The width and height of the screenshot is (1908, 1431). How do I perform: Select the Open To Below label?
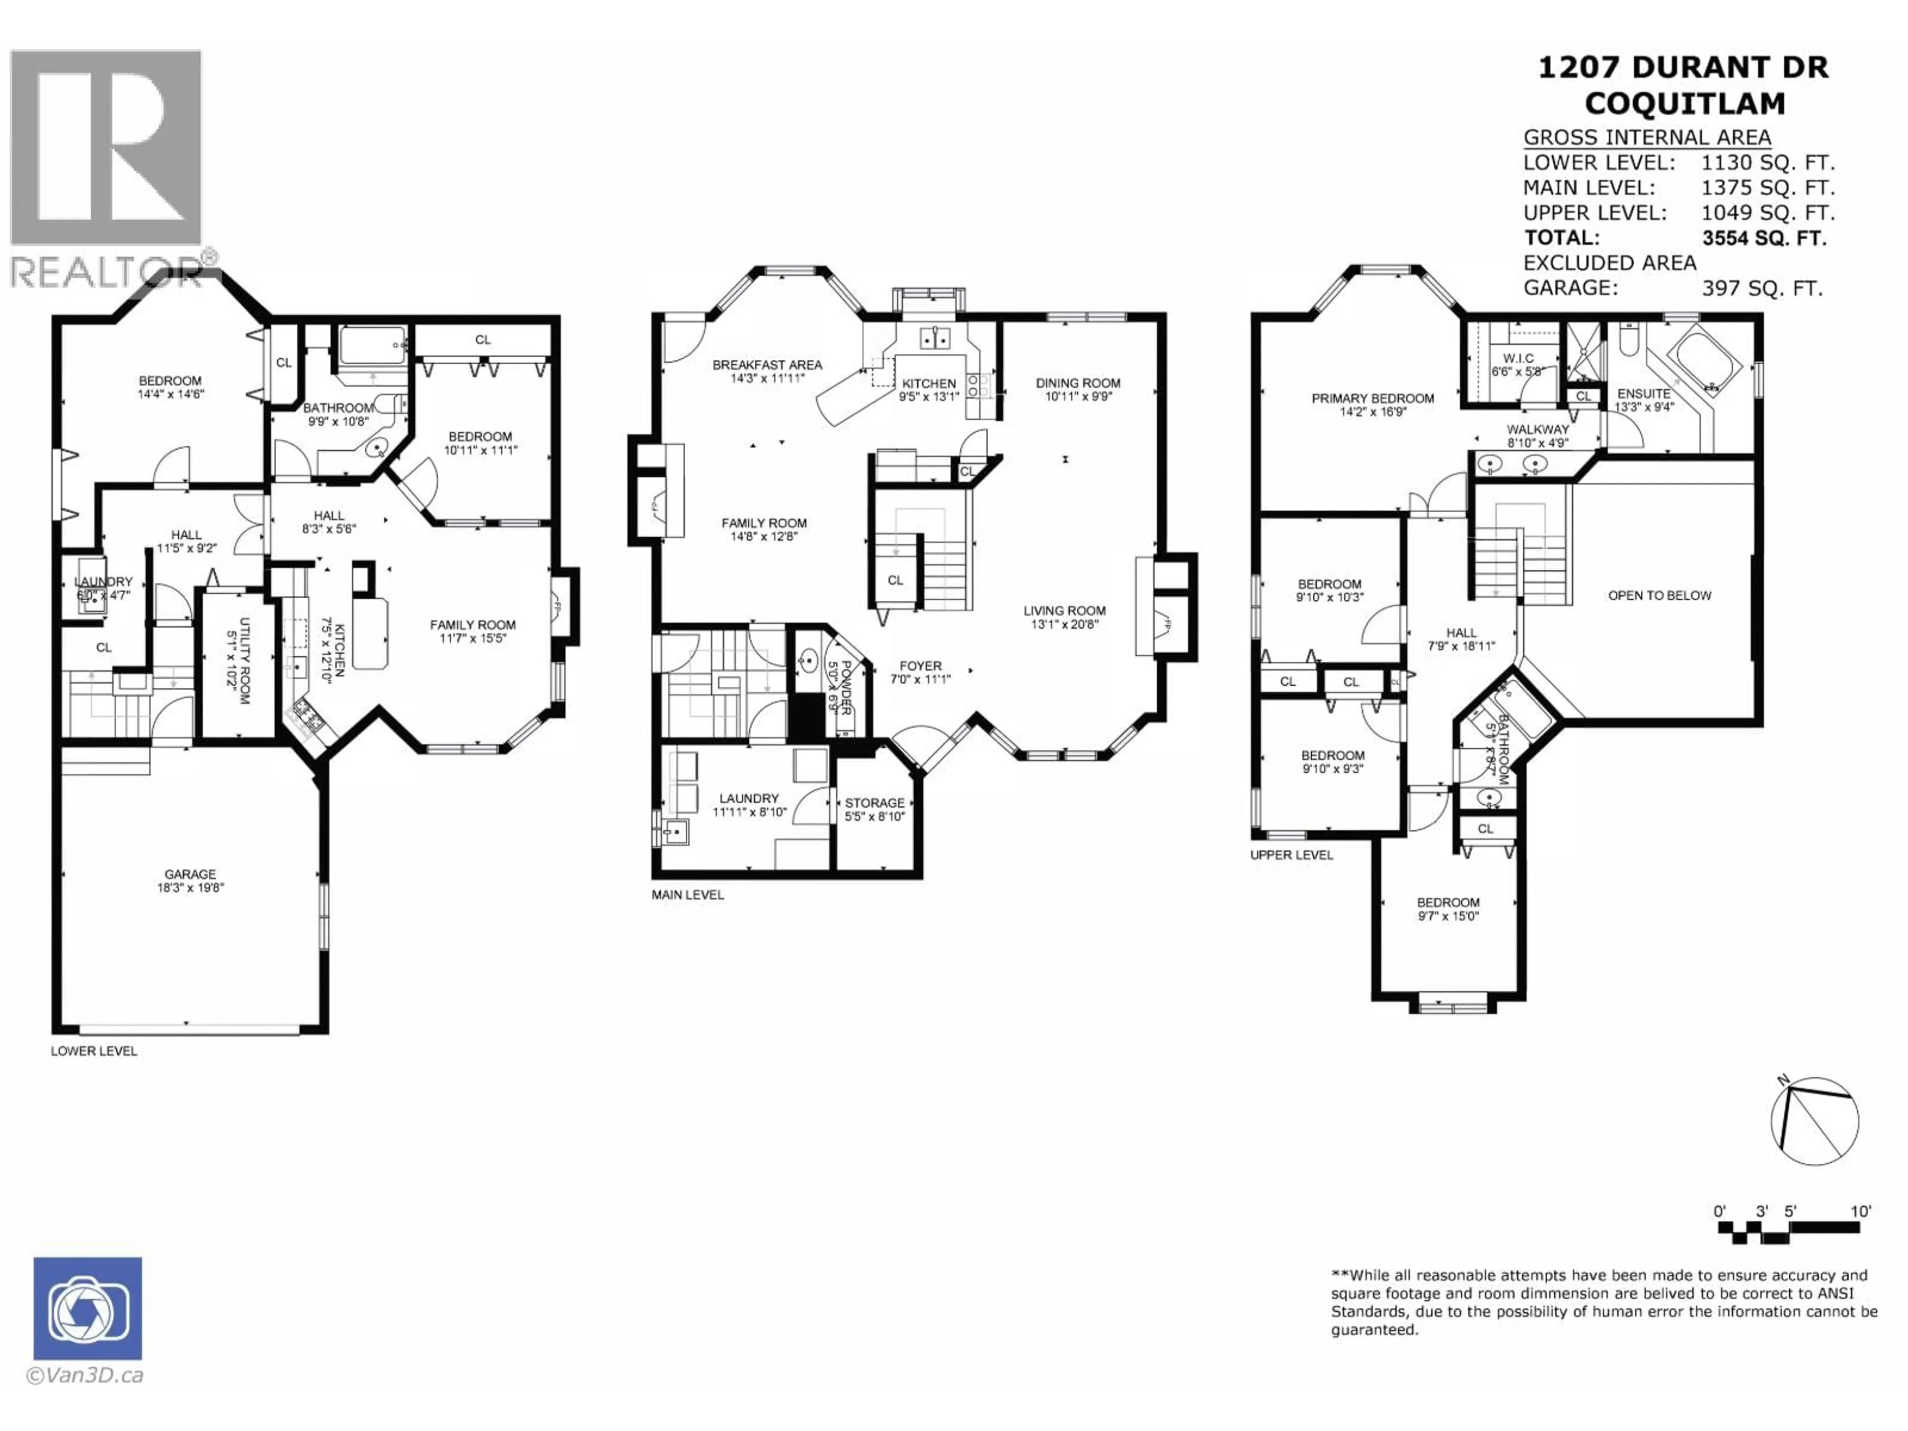coord(1659,595)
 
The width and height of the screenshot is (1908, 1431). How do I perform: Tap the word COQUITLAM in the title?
coord(1684,103)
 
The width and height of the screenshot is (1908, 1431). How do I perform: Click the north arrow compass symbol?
coord(1814,1119)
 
